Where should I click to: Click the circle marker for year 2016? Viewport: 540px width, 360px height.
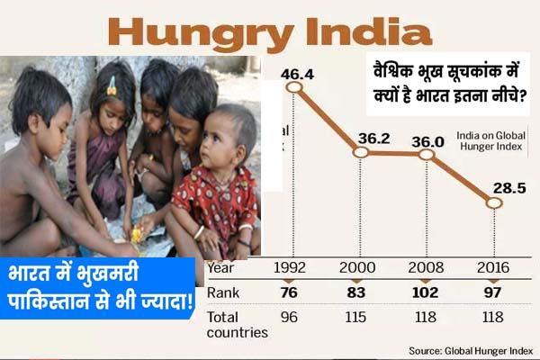tap(493, 203)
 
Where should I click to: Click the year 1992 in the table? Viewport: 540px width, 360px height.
tap(293, 267)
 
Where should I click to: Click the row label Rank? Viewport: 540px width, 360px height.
tap(223, 292)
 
